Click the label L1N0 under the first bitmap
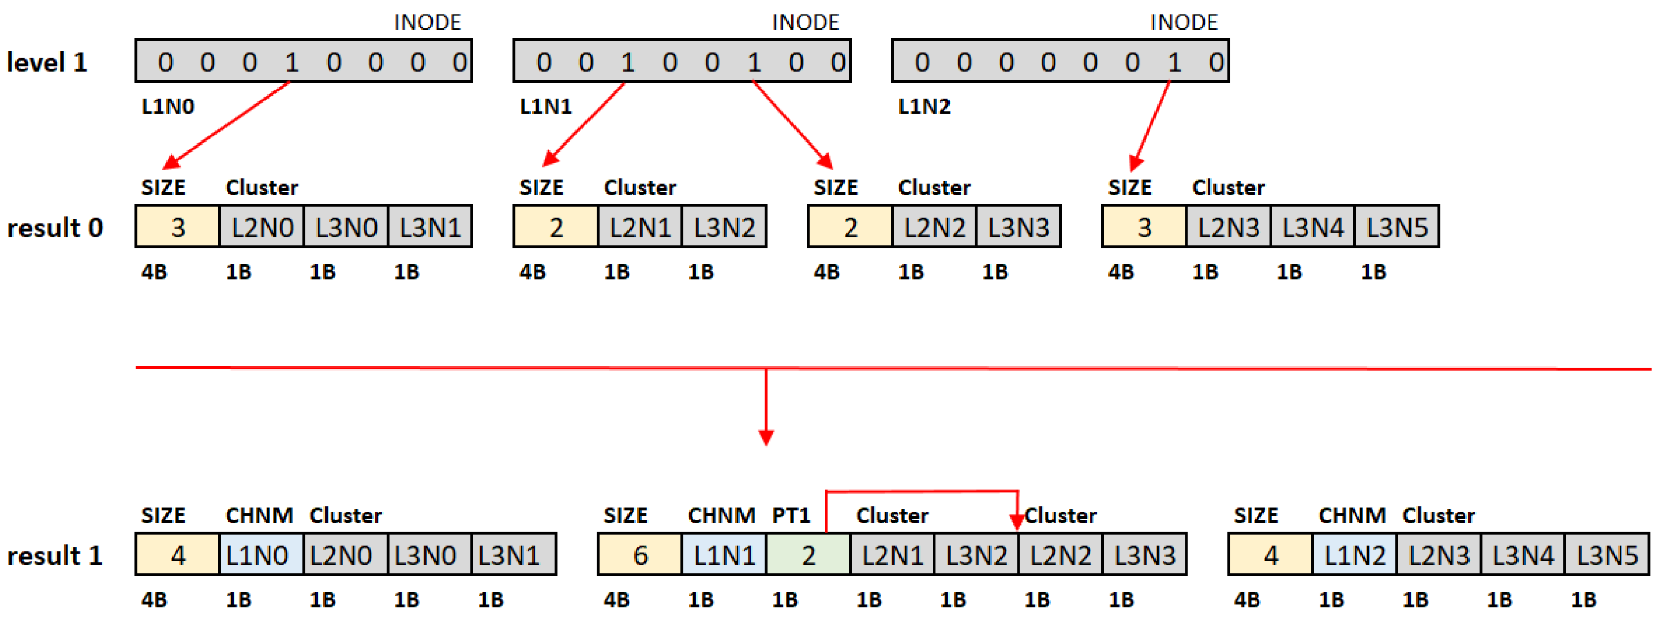click(x=168, y=106)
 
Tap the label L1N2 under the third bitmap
click(x=924, y=106)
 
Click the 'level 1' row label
click(x=47, y=63)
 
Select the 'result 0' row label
click(x=55, y=228)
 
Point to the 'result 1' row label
click(x=55, y=555)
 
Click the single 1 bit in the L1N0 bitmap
click(x=292, y=63)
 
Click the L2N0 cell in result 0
click(x=262, y=228)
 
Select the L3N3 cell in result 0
click(x=1018, y=228)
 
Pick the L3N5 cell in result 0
click(x=1396, y=228)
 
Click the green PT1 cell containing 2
click(x=808, y=555)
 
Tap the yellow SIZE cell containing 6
click(x=640, y=555)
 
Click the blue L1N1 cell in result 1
click(x=724, y=555)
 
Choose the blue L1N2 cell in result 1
click(x=1355, y=555)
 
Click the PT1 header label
click(x=790, y=515)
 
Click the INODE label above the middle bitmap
click(x=805, y=22)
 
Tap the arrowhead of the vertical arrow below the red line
click(x=766, y=438)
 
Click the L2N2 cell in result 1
click(x=1060, y=555)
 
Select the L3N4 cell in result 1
click(x=1523, y=555)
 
